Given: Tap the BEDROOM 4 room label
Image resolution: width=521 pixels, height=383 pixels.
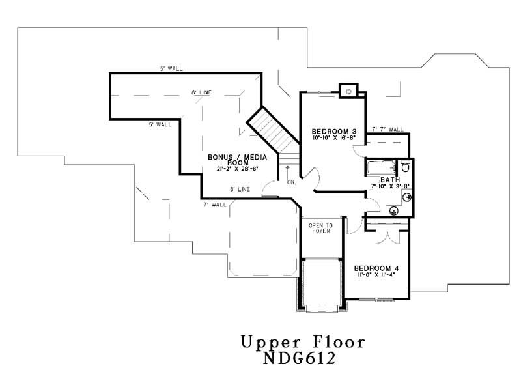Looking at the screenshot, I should [376, 268].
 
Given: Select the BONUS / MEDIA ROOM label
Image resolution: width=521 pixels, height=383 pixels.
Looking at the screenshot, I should [231, 161].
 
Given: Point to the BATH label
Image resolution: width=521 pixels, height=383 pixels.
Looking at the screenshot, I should [389, 180].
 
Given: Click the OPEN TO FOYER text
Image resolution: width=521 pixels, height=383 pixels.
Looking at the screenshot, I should [320, 228].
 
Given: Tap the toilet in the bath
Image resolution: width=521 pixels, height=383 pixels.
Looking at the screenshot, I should [405, 167].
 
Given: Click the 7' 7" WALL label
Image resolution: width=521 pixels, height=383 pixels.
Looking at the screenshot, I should [387, 129].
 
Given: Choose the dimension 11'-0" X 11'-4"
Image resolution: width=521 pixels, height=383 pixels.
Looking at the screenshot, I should [376, 275].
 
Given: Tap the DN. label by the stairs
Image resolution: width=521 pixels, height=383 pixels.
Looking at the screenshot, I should [290, 182].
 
